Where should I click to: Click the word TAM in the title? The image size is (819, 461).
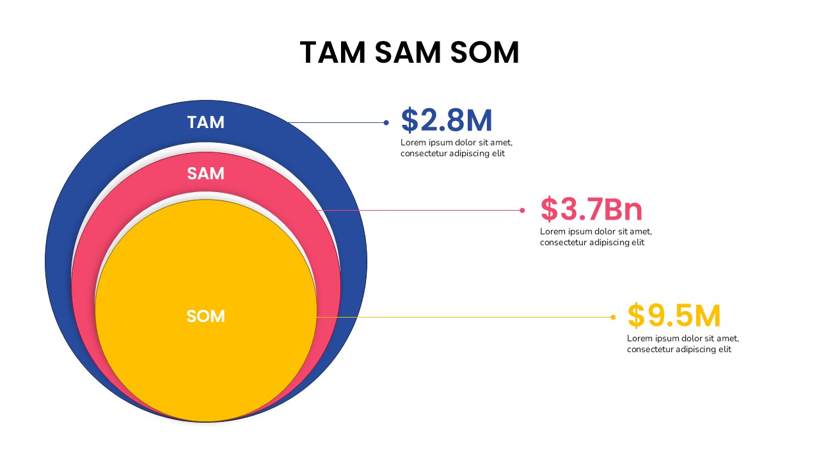(333, 53)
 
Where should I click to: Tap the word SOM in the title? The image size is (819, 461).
(484, 53)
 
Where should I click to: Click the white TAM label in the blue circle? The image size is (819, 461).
(206, 122)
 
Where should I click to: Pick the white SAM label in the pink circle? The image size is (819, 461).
(206, 174)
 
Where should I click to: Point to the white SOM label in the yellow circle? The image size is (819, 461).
(206, 316)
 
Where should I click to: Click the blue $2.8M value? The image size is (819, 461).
(447, 121)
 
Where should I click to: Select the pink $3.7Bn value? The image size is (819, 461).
(591, 209)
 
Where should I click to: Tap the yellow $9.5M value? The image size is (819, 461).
(674, 316)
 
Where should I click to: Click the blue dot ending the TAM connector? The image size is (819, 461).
(386, 122)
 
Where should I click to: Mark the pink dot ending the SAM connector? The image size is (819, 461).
(522, 210)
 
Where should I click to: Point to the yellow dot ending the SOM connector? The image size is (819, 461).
(613, 317)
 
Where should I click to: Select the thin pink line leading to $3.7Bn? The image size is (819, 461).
(422, 210)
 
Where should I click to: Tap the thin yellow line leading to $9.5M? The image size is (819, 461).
(467, 317)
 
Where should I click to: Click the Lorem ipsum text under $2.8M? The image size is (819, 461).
(456, 148)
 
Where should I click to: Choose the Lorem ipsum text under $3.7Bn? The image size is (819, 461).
(595, 237)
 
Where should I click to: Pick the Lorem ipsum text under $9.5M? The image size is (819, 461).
(682, 344)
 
